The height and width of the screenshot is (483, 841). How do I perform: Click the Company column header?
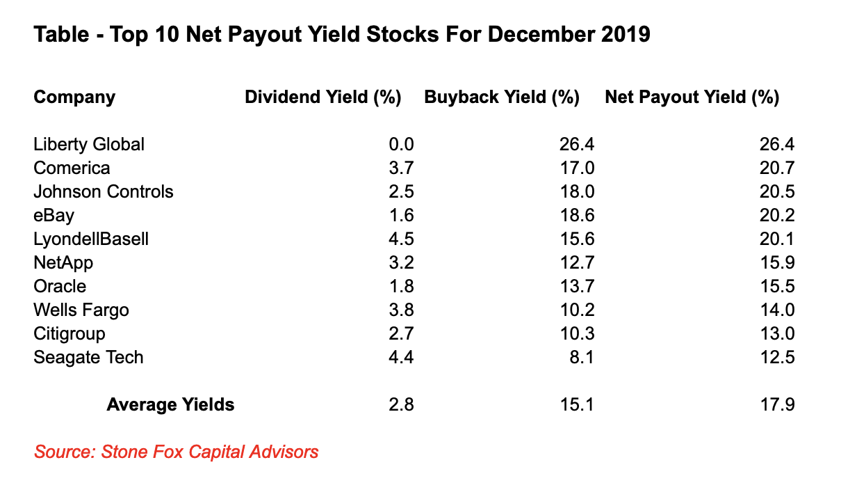(74, 97)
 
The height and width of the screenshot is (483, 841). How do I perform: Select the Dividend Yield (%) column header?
(323, 97)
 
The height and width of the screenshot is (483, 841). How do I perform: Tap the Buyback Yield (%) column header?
(502, 97)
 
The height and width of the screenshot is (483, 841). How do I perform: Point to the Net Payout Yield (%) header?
(692, 97)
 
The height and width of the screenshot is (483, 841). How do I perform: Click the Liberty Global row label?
(89, 144)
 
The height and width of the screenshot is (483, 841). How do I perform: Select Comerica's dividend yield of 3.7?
(402, 168)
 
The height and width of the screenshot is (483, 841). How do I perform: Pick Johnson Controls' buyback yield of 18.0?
(576, 191)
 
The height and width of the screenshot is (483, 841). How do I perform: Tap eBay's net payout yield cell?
(777, 215)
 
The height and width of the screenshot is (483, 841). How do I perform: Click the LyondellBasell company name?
(91, 239)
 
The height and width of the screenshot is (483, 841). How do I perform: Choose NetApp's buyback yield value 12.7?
(576, 262)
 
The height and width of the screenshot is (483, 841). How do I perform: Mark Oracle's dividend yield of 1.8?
(402, 286)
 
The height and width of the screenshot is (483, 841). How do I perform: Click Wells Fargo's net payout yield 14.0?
(777, 310)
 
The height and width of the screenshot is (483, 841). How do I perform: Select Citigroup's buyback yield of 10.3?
(576, 333)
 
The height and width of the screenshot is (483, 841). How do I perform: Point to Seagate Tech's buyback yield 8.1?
(581, 357)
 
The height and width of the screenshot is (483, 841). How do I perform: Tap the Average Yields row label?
(170, 404)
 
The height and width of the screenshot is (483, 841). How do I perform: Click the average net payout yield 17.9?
(777, 404)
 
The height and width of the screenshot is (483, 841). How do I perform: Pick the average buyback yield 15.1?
(576, 404)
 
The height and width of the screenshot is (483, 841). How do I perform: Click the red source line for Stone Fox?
(177, 452)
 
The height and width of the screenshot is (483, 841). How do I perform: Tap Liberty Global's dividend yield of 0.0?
(402, 144)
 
